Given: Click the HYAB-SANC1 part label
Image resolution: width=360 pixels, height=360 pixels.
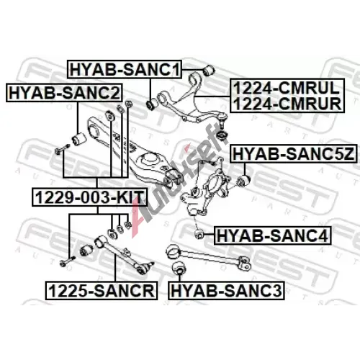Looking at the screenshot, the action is [125, 69].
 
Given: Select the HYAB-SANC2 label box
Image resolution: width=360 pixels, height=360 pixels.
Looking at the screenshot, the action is [64, 93].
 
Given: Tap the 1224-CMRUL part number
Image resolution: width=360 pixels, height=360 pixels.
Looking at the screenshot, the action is [287, 88].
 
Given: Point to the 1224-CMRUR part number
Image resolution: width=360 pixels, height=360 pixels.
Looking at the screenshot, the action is [287, 104].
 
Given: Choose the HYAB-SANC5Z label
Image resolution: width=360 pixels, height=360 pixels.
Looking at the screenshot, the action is [294, 154].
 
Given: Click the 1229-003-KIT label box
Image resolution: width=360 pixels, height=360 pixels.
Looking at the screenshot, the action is [89, 197].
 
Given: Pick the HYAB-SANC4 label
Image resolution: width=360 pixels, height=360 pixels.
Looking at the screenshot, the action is [272, 235].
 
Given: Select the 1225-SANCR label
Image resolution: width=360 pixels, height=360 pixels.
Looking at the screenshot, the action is [102, 290].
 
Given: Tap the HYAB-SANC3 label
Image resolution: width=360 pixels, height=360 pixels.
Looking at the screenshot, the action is [226, 290].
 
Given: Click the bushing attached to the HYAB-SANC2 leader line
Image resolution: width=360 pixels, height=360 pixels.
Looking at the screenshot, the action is [79, 139].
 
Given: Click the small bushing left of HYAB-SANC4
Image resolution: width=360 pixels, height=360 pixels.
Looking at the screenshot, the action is [199, 234].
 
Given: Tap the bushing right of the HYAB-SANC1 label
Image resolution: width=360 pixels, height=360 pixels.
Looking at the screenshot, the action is [209, 70].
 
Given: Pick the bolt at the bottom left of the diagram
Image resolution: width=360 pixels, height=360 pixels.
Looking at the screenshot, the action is [67, 261].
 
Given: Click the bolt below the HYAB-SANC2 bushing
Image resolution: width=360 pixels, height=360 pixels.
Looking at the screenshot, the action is [63, 149].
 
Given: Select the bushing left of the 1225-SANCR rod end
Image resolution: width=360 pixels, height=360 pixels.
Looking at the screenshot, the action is [86, 251].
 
